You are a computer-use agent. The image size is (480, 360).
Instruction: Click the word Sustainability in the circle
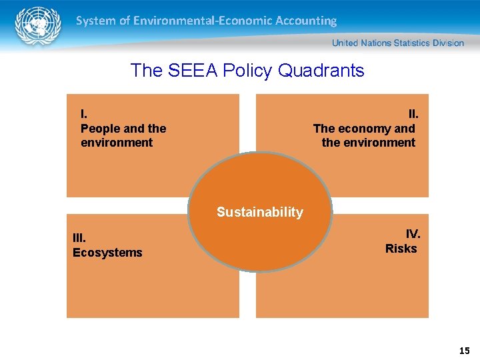tap(259, 213)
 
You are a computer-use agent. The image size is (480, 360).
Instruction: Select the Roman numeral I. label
tap(84, 115)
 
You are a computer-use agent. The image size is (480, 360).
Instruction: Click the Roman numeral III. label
tap(79, 238)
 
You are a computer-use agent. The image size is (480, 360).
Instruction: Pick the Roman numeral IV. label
tap(413, 234)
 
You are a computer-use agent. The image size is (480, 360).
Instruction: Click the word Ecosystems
tap(107, 253)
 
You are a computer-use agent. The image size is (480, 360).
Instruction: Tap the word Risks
tap(401, 249)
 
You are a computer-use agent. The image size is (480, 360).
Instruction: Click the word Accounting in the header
tap(305, 21)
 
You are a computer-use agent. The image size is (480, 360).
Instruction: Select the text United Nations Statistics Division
tap(397, 43)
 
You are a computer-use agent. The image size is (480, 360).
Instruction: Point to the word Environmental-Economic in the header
tap(201, 21)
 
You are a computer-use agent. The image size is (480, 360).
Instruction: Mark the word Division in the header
tap(449, 43)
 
